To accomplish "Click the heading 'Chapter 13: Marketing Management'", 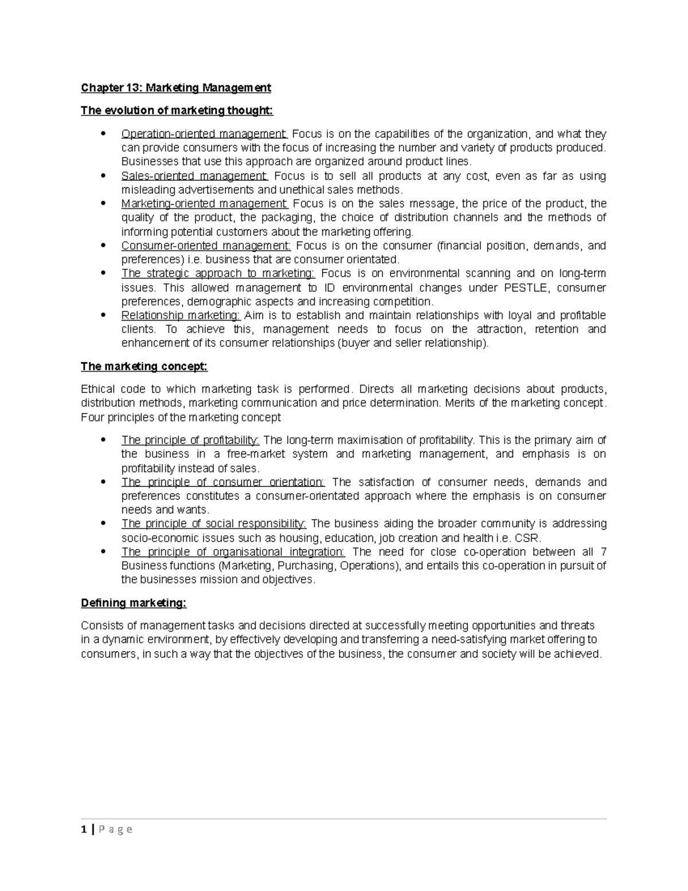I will [x=176, y=88].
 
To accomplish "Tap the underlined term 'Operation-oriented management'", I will [x=204, y=134].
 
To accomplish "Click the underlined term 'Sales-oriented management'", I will [x=194, y=176].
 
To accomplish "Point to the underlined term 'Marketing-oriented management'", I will [x=204, y=204].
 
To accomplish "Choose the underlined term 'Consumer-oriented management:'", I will [x=206, y=246].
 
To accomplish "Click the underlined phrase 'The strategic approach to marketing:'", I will [x=218, y=274].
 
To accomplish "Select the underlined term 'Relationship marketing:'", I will [x=181, y=316].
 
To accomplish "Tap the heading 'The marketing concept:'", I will [x=144, y=366].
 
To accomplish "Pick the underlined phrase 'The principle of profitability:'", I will [x=190, y=440].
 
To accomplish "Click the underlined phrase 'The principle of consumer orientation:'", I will [x=222, y=482].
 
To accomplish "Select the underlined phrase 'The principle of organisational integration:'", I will [x=233, y=552].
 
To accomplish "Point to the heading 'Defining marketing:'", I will [x=134, y=603].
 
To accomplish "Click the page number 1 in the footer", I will [x=84, y=829].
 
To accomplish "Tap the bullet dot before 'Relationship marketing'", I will [x=103, y=315].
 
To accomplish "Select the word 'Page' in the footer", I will [x=115, y=829].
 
